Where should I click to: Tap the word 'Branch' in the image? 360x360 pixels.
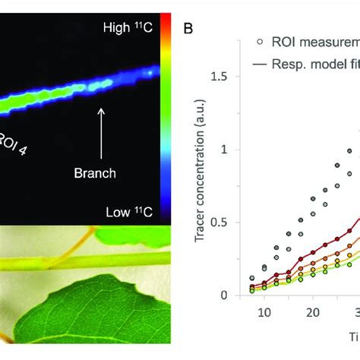pyautogui.click(x=95, y=172)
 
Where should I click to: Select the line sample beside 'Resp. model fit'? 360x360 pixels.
pyautogui.click(x=260, y=65)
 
